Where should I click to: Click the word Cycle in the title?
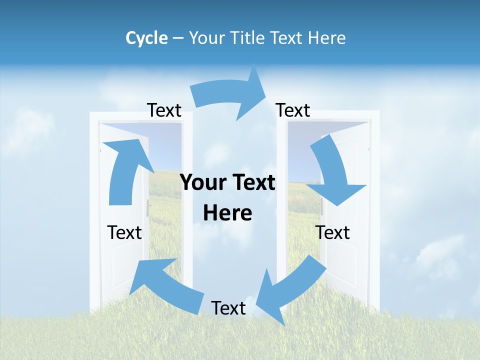(x=146, y=38)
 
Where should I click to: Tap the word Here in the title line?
(x=327, y=38)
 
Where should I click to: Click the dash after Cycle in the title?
(x=178, y=38)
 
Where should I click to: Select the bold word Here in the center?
(x=227, y=213)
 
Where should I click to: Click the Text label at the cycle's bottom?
(x=228, y=308)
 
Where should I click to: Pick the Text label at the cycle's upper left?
(x=164, y=110)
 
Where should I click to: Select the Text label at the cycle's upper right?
(x=293, y=110)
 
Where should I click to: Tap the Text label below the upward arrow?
(x=124, y=232)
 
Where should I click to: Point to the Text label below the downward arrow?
(x=332, y=232)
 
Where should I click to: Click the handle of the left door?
(x=148, y=207)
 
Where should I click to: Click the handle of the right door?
(x=322, y=206)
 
